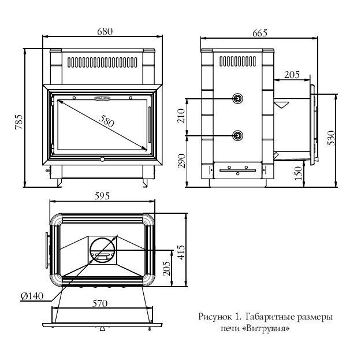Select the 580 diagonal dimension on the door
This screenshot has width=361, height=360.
(x=107, y=121)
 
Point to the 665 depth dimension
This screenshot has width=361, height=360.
(x=259, y=33)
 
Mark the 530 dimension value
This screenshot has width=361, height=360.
(x=331, y=138)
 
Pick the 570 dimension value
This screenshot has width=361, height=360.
(x=102, y=302)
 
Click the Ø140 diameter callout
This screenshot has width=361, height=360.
(x=32, y=296)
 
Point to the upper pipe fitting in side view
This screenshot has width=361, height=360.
(x=238, y=99)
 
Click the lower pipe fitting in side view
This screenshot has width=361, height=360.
(x=238, y=135)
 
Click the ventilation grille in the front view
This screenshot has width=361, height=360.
(x=102, y=61)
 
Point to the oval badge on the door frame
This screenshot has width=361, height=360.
(x=102, y=98)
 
